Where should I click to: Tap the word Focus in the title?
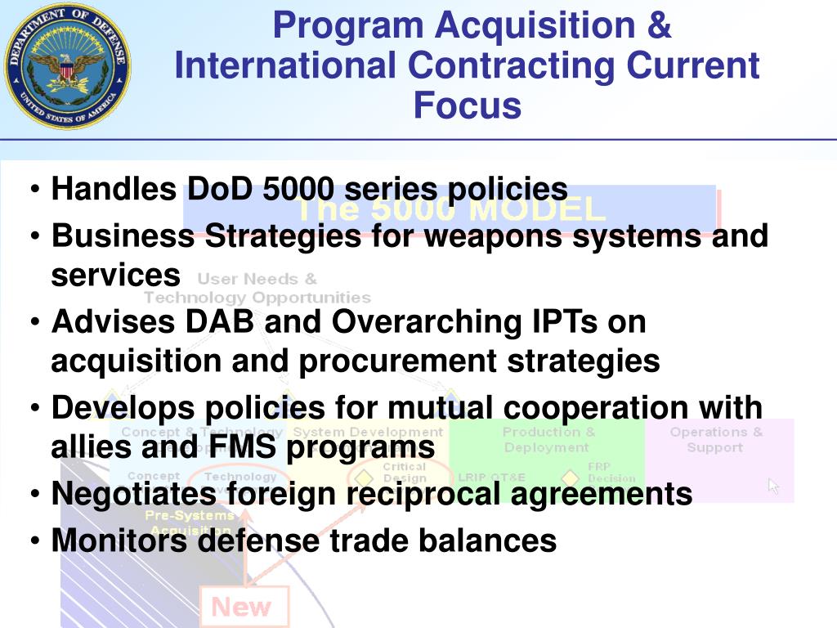467,105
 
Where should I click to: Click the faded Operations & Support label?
716,439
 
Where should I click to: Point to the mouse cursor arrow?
773,486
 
